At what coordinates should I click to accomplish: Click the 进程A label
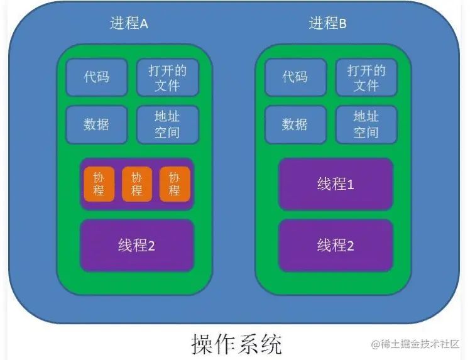point(129,25)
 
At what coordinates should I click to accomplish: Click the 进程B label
point(327,25)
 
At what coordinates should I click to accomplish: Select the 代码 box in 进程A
point(97,77)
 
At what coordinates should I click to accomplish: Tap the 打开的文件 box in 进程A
point(167,77)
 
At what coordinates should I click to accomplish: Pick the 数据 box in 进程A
point(97,124)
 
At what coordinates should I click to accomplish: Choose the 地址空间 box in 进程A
point(167,124)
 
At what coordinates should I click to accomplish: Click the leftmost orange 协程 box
point(99,184)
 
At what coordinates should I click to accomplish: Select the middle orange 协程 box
point(136,184)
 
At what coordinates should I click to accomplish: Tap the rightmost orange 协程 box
point(175,184)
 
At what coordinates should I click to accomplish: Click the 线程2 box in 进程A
point(136,245)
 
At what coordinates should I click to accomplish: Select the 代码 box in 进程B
point(295,77)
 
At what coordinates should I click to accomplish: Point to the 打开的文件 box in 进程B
point(366,77)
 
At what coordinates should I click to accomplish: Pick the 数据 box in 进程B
point(295,124)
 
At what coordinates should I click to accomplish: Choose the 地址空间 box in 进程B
point(366,124)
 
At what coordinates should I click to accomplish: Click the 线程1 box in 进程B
point(336,184)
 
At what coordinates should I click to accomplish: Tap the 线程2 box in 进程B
point(336,245)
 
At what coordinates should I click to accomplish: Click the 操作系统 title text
point(237,344)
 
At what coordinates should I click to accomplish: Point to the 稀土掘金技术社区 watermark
point(415,344)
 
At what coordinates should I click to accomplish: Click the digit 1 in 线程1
point(351,185)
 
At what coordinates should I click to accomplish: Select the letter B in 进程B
point(342,25)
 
